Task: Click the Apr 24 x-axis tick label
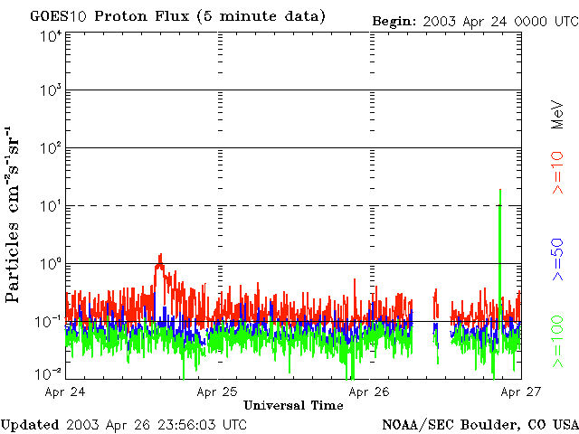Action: tap(64, 392)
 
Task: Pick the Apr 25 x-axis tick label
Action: tap(217, 392)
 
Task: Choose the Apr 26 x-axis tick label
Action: tap(369, 392)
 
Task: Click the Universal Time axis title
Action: tap(293, 406)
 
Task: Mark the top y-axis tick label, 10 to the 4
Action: tap(49, 35)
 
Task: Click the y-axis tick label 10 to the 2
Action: tap(49, 149)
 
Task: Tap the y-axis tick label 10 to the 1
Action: tap(49, 206)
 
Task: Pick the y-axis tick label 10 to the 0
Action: tap(49, 264)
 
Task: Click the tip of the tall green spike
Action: tap(499, 190)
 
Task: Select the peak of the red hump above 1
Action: tap(160, 255)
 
